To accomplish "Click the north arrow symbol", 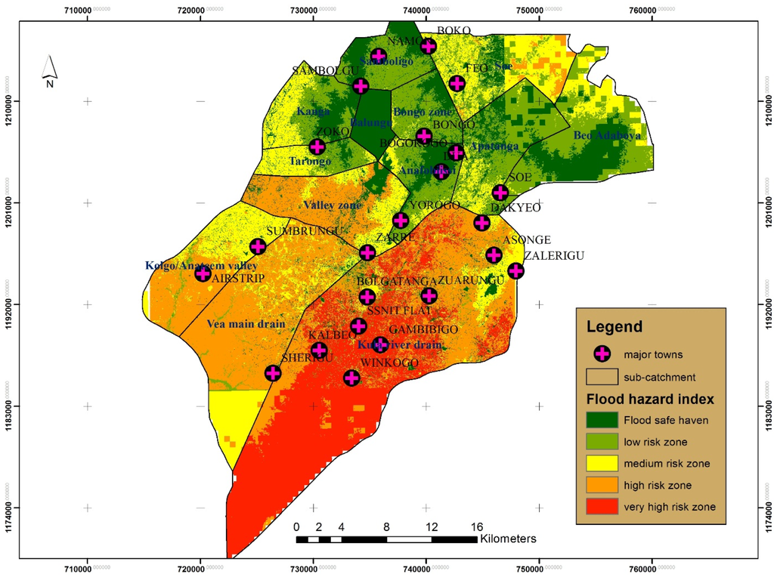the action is click(49, 69).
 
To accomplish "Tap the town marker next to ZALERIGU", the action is click(515, 270).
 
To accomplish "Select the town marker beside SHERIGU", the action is click(273, 373).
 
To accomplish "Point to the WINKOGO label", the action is click(389, 363).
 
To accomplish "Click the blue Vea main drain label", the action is click(246, 324).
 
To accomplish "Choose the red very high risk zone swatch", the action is click(601, 507).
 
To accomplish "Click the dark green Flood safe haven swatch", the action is click(601, 420).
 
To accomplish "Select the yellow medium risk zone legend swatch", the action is click(601, 463).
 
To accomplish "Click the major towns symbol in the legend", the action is click(601, 353).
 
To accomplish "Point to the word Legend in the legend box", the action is click(614, 327).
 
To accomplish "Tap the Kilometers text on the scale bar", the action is click(508, 539).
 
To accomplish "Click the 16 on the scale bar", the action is click(477, 526).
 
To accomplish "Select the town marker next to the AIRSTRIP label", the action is click(203, 273).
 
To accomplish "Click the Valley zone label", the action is click(333, 205).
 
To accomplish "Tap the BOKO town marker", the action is click(429, 46).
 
